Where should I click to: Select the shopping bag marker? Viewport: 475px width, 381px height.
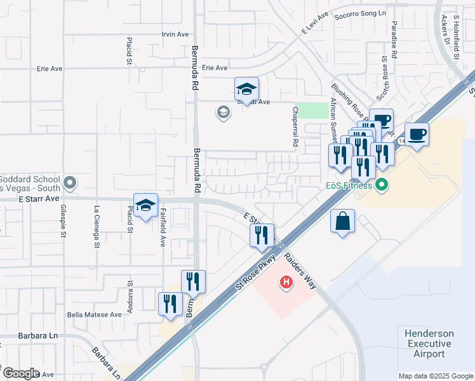coord(342,222)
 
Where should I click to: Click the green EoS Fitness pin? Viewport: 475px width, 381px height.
coord(381,185)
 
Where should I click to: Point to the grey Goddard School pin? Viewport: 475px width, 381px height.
coord(70,184)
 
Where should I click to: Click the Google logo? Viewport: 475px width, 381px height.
coord(20,373)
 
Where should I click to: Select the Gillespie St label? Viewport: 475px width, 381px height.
coord(64,225)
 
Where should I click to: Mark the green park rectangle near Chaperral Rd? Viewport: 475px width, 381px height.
coord(311,110)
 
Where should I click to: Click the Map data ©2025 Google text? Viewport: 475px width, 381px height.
coord(435,376)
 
